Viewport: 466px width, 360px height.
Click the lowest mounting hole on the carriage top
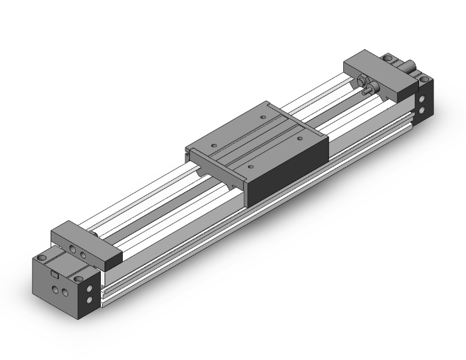point(250,167)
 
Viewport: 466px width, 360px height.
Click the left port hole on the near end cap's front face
point(56,289)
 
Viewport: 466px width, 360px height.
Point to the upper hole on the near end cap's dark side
point(96,288)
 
